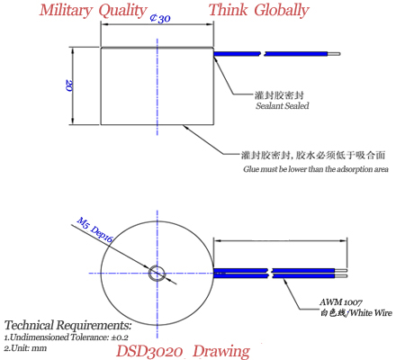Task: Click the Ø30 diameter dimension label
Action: coord(160,18)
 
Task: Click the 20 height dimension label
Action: coord(69,85)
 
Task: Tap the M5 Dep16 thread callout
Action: coord(94,229)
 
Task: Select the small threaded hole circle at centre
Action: coord(157,274)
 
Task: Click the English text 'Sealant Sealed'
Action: coord(282,105)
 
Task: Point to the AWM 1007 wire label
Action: coord(341,301)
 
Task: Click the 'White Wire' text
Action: coord(371,313)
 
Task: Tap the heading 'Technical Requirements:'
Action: coord(67,325)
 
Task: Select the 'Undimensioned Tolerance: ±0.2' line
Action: coord(67,337)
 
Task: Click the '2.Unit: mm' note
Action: coord(25,348)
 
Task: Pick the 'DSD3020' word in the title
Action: coord(149,351)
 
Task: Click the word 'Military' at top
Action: coord(66,10)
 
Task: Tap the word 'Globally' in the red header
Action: coord(282,10)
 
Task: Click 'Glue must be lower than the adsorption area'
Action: coord(316,169)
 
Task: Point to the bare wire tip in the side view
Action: coord(334,54)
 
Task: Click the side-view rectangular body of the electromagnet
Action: coord(157,85)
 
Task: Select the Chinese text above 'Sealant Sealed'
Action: coord(279,95)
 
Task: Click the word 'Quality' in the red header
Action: coord(122,11)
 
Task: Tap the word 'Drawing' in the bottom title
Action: coord(221,352)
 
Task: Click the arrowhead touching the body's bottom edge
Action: coord(186,128)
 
